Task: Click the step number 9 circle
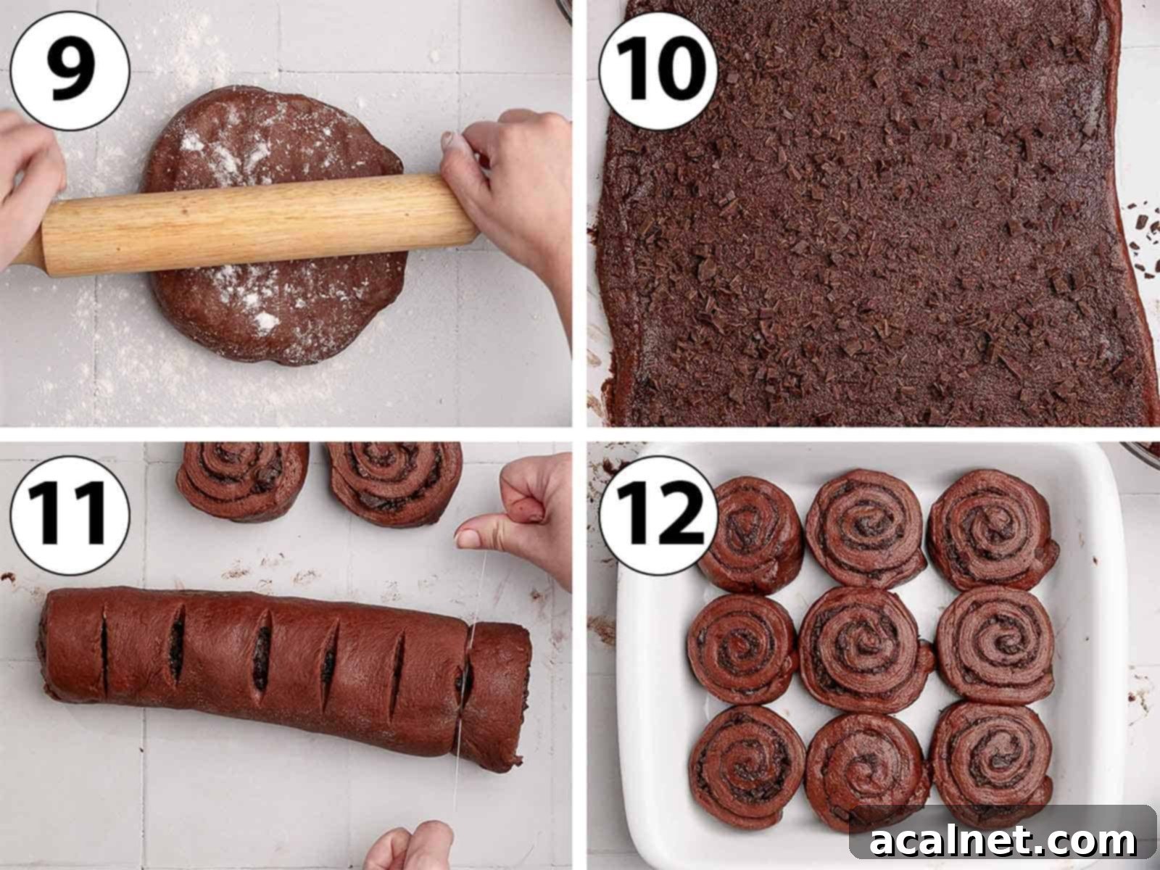pyautogui.click(x=70, y=70)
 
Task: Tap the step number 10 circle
pyautogui.click(x=658, y=70)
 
